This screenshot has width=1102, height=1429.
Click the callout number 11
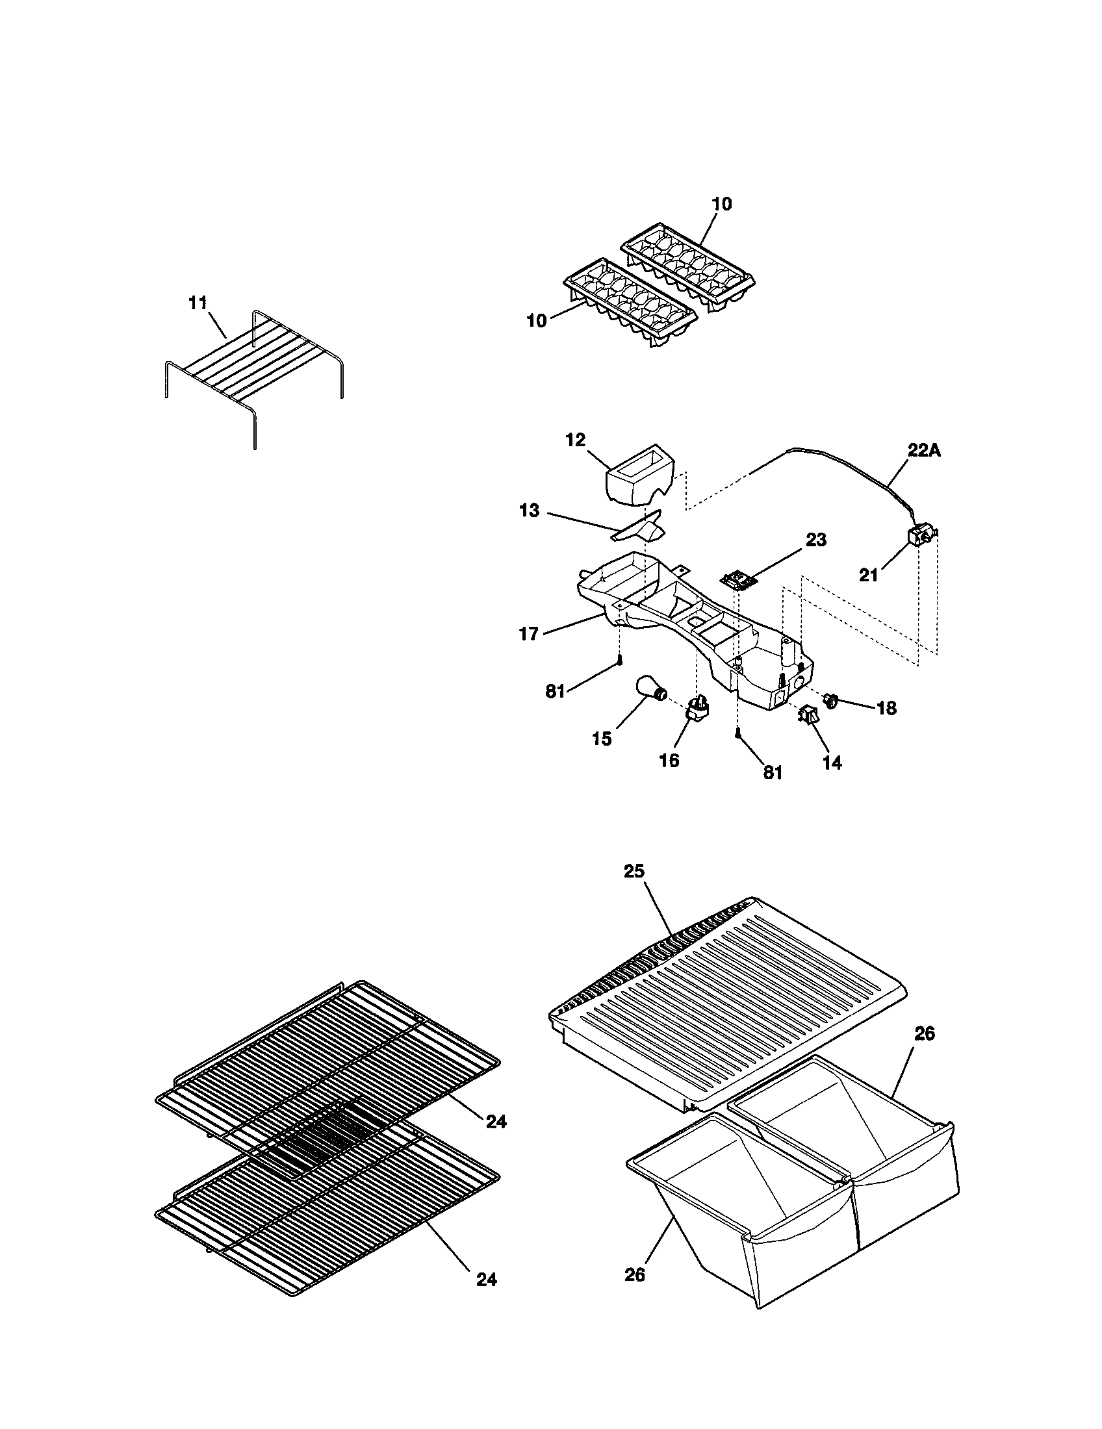click(x=198, y=303)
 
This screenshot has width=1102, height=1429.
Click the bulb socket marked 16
click(x=698, y=709)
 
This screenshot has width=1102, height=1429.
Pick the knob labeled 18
click(x=832, y=701)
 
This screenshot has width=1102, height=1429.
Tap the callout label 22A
click(x=923, y=451)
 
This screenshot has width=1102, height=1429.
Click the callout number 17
click(x=529, y=633)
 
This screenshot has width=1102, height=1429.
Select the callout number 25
click(x=634, y=871)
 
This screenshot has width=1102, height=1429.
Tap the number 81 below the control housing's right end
click(x=773, y=772)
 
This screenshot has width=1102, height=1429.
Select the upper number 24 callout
click(x=496, y=1122)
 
